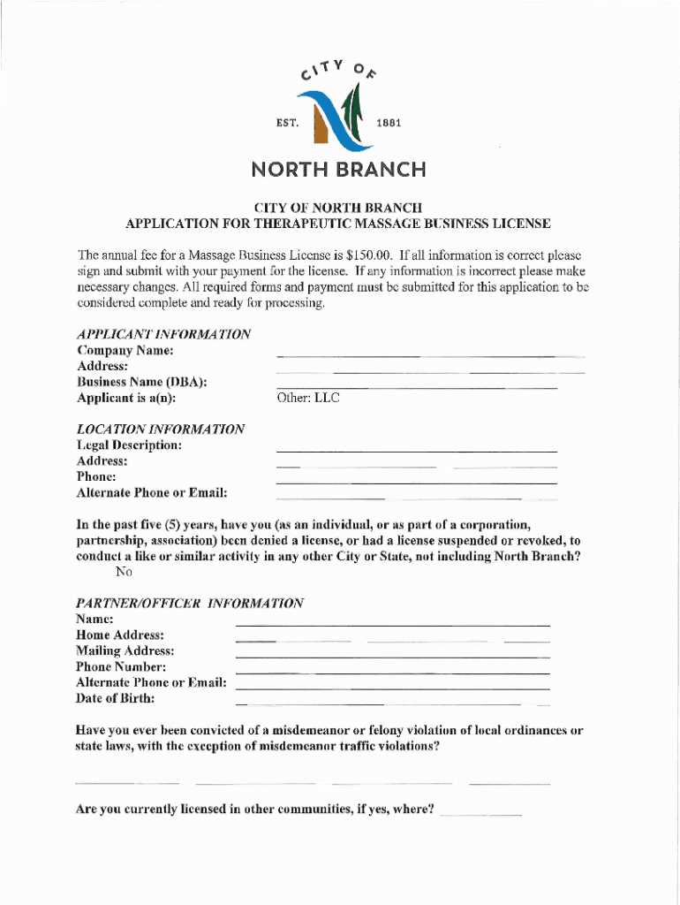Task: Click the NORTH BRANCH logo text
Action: point(337,169)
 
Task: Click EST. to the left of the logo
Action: point(290,122)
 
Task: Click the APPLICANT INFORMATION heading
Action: point(163,334)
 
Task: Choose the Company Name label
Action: point(125,350)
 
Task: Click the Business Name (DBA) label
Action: point(142,382)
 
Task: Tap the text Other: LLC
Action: point(308,398)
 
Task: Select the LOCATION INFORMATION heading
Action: point(161,429)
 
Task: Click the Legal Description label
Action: point(130,445)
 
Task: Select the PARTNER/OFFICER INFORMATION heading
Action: point(190,603)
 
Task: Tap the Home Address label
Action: point(120,635)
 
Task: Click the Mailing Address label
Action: point(125,650)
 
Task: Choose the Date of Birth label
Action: point(116,698)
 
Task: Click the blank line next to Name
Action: point(392,624)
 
